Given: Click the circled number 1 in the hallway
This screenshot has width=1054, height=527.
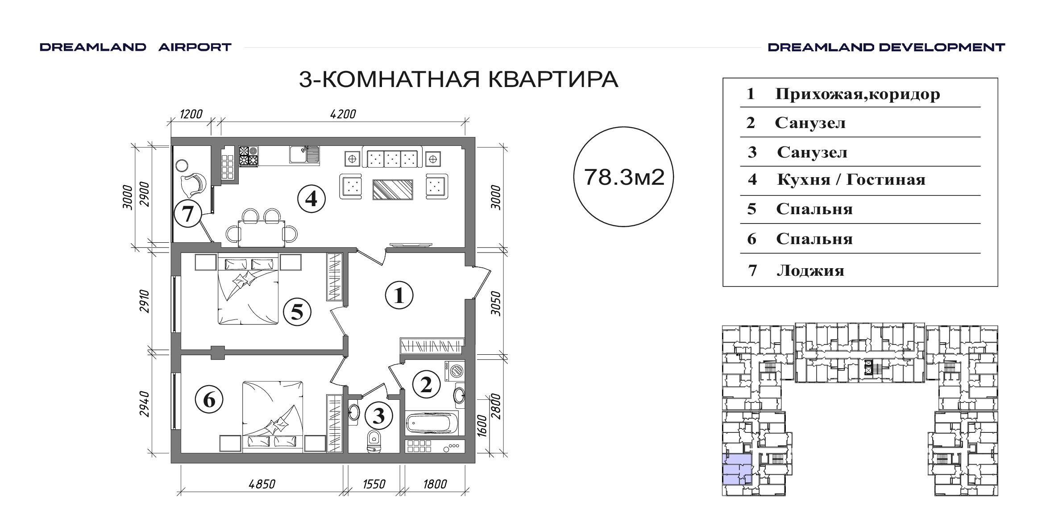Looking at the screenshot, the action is pyautogui.click(x=399, y=295).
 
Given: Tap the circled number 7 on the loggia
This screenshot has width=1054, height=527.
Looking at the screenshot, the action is pyautogui.click(x=188, y=214).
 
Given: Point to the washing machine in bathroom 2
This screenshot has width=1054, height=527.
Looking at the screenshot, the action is pyautogui.click(x=454, y=371).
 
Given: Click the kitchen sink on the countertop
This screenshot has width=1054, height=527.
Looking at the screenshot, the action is pyautogui.click(x=304, y=155).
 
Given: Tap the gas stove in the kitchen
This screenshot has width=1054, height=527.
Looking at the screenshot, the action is pyautogui.click(x=249, y=156).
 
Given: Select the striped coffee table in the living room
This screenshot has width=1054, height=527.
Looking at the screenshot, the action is pyautogui.click(x=393, y=189).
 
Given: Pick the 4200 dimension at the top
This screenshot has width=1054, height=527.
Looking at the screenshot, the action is pyautogui.click(x=343, y=114).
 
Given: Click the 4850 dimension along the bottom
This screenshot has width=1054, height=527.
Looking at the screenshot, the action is pyautogui.click(x=262, y=484).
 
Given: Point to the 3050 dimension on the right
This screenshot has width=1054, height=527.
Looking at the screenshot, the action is pyautogui.click(x=496, y=303).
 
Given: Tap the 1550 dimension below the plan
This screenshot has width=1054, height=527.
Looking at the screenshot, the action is pyautogui.click(x=374, y=484).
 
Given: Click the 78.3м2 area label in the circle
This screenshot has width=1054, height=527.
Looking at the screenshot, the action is pyautogui.click(x=624, y=177).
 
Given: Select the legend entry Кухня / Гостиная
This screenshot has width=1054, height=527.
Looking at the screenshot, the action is pyautogui.click(x=851, y=179).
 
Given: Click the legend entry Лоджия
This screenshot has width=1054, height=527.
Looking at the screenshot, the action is pyautogui.click(x=810, y=270).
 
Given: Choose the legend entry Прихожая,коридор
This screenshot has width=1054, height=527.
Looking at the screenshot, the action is pyautogui.click(x=858, y=94).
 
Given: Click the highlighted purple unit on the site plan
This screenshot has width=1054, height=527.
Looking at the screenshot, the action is pyautogui.click(x=737, y=469).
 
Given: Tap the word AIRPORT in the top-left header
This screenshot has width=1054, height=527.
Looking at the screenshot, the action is pyautogui.click(x=195, y=47).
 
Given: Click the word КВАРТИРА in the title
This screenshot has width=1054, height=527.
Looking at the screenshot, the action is pyautogui.click(x=553, y=79).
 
